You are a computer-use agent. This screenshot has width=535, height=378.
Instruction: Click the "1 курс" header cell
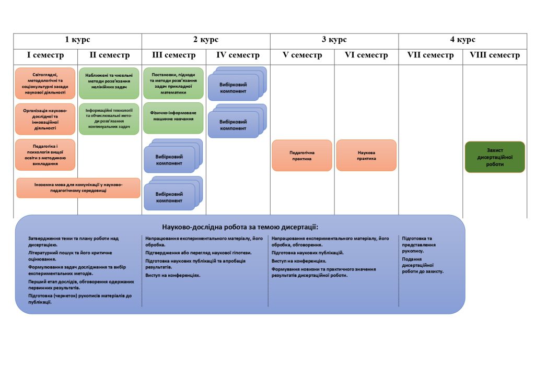(x=77, y=40)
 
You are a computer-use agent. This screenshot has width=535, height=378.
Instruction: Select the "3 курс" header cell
(x=334, y=40)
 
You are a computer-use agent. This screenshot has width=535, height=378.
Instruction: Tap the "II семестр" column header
(x=109, y=55)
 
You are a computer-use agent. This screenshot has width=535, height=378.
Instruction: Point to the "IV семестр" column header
(x=238, y=55)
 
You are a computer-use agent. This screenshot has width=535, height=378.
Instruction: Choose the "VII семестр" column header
(x=431, y=55)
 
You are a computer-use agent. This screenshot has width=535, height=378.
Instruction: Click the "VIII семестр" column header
(x=495, y=55)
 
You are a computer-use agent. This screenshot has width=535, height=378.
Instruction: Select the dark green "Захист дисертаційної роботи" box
(x=495, y=157)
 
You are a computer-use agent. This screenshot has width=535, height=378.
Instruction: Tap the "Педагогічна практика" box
(x=302, y=156)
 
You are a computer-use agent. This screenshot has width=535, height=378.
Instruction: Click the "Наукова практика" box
(x=366, y=156)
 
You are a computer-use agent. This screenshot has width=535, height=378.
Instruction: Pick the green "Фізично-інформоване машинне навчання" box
(x=173, y=115)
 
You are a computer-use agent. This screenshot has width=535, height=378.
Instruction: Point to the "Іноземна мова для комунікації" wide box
(x=78, y=188)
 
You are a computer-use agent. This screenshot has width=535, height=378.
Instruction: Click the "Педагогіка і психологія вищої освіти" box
(x=45, y=155)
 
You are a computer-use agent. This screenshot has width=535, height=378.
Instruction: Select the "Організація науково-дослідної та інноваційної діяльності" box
(x=45, y=119)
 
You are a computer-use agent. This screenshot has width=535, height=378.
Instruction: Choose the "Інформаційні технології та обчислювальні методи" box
(x=109, y=119)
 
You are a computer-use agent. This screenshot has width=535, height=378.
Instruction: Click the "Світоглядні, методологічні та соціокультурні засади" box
(x=45, y=84)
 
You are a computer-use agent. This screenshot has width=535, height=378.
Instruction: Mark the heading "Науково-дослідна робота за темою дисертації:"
(x=240, y=227)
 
